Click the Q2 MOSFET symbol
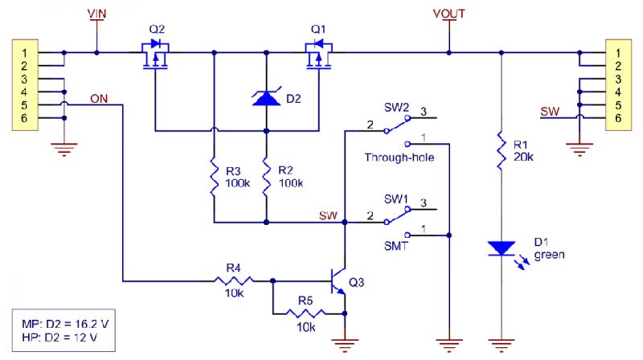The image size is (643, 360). pyautogui.click(x=158, y=56)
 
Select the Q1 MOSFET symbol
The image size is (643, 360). pyautogui.click(x=319, y=56)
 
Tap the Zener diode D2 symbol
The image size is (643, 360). pyautogui.click(x=265, y=98)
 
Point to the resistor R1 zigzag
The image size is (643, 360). pyautogui.click(x=501, y=151)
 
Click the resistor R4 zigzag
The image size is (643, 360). pyautogui.click(x=234, y=280)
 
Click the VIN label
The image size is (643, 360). pyautogui.click(x=97, y=14)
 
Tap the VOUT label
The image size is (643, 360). pyautogui.click(x=448, y=14)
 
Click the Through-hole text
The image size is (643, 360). pyautogui.click(x=399, y=157)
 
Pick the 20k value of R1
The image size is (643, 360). pyautogui.click(x=522, y=157)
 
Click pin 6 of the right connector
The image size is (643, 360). pyautogui.click(x=617, y=118)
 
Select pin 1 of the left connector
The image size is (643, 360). pyautogui.click(x=24, y=53)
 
